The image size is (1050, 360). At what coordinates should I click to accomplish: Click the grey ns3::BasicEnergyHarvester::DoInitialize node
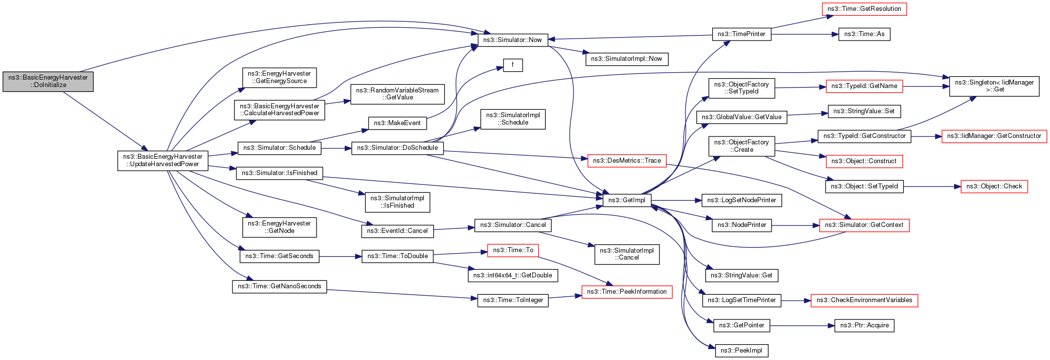coord(48,82)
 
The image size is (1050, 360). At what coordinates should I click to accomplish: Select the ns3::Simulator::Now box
coord(512,40)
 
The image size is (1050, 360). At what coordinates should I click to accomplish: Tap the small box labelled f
coord(513,65)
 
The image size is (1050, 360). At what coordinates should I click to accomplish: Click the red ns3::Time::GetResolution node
coord(864,9)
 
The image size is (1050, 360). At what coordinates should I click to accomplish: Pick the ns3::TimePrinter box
coord(741,34)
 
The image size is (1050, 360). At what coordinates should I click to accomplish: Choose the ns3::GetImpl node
coord(627,200)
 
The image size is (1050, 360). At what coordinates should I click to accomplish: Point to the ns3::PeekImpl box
coord(741,351)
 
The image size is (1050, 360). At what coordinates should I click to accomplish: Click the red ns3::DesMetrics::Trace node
coord(627,161)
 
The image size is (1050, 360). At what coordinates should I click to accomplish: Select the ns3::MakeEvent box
coord(397,123)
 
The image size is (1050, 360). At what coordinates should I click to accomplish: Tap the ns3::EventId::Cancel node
coord(397,231)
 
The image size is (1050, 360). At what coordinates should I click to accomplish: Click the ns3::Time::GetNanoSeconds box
coord(279,286)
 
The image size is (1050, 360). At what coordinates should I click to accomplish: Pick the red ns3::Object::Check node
coord(994,186)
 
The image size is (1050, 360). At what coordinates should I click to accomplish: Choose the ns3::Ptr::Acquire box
coord(864,325)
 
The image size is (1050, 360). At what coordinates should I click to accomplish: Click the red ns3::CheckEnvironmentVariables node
coord(864,300)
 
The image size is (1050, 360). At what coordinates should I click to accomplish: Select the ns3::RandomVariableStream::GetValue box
coord(397,94)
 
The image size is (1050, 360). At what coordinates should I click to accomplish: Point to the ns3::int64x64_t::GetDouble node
coord(512,275)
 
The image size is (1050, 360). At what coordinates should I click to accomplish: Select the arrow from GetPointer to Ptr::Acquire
coord(802,326)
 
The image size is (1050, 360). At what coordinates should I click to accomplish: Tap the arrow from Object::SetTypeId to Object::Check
coord(932,187)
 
